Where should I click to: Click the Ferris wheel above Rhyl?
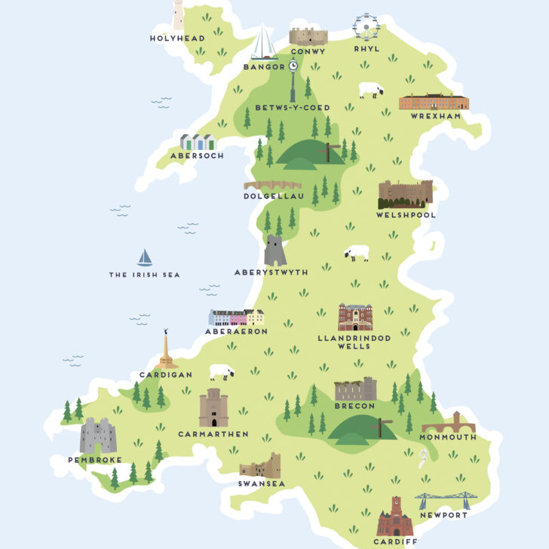click(366, 28)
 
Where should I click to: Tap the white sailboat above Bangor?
click(264, 43)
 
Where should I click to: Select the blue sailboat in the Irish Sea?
click(145, 258)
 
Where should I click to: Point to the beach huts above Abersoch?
click(198, 143)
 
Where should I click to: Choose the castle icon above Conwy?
click(308, 36)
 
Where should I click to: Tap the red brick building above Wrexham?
click(434, 102)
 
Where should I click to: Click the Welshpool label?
click(406, 215)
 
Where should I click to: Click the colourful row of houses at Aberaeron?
click(236, 317)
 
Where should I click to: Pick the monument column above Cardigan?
click(165, 350)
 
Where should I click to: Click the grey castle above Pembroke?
click(98, 436)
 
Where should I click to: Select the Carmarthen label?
click(213, 434)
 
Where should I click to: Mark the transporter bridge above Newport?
click(442, 501)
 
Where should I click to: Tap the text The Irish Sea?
click(145, 275)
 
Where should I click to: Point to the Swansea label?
click(261, 483)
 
